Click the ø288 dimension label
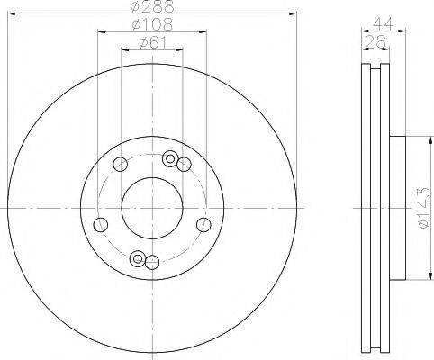coord(153,6)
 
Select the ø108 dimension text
coord(152,24)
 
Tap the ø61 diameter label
coord(152,43)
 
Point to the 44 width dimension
coord(384,24)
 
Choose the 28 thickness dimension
coord(375,41)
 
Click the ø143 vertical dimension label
coord(424,209)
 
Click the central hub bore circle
coord(152,208)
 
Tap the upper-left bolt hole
coord(120,164)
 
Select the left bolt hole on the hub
coord(101,225)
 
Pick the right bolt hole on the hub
coord(203,225)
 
